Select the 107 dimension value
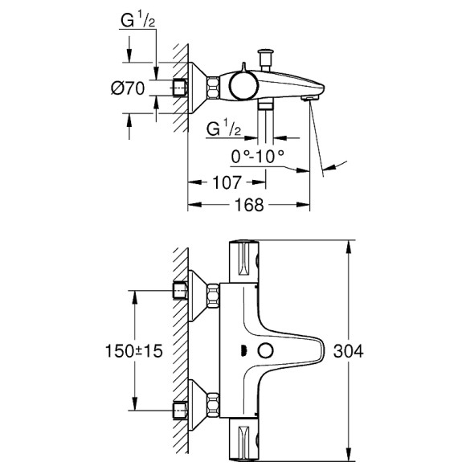click(227, 182)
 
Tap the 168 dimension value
click(249, 205)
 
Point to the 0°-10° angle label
click(256, 155)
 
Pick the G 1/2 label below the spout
click(223, 129)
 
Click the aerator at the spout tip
click(307, 97)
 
